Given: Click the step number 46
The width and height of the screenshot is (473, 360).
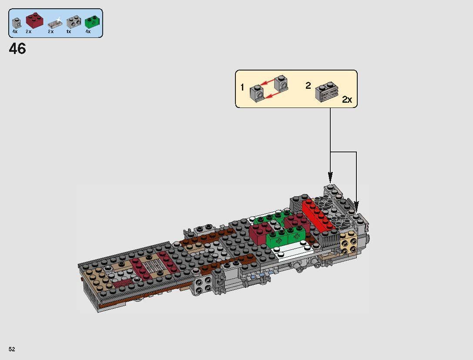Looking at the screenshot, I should [17, 49].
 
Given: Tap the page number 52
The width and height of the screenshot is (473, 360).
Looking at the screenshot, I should [11, 349].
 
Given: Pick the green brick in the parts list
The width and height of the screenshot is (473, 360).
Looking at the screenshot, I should [91, 22].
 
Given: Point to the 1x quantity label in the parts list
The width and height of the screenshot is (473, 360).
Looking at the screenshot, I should [69, 32].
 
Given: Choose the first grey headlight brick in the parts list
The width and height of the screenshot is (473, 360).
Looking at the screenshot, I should [17, 22].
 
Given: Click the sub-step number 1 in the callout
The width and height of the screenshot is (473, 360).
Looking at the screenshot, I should [242, 87].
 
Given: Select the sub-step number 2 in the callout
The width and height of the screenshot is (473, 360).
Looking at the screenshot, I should [308, 86].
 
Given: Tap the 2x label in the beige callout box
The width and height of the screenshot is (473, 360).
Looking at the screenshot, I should [347, 100].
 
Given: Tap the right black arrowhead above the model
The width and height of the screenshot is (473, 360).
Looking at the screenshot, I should [356, 206].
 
